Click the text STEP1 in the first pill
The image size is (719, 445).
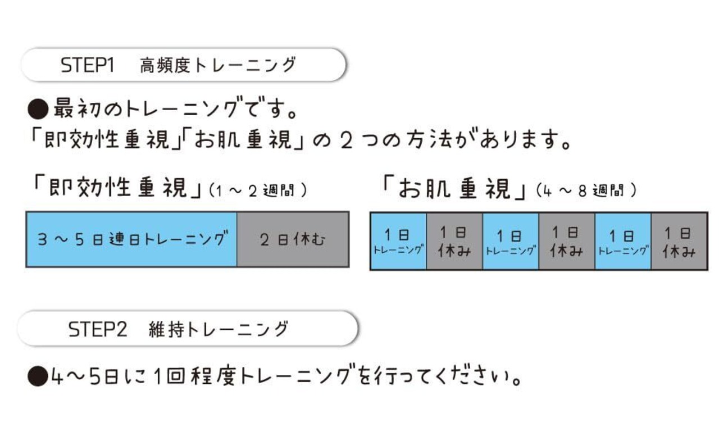point(87,65)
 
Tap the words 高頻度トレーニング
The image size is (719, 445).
point(218,65)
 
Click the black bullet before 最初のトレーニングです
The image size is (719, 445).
point(38,109)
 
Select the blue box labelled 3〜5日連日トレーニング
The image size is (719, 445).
point(131,239)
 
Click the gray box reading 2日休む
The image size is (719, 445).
point(293,239)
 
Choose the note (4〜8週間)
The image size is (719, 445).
point(586,190)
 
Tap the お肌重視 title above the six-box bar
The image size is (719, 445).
point(454,188)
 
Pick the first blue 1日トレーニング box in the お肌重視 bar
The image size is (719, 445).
point(398,242)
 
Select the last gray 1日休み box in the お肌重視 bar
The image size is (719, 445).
point(679,242)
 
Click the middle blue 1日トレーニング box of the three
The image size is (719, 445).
point(511,242)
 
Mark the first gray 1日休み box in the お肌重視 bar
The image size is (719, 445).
point(454,242)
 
